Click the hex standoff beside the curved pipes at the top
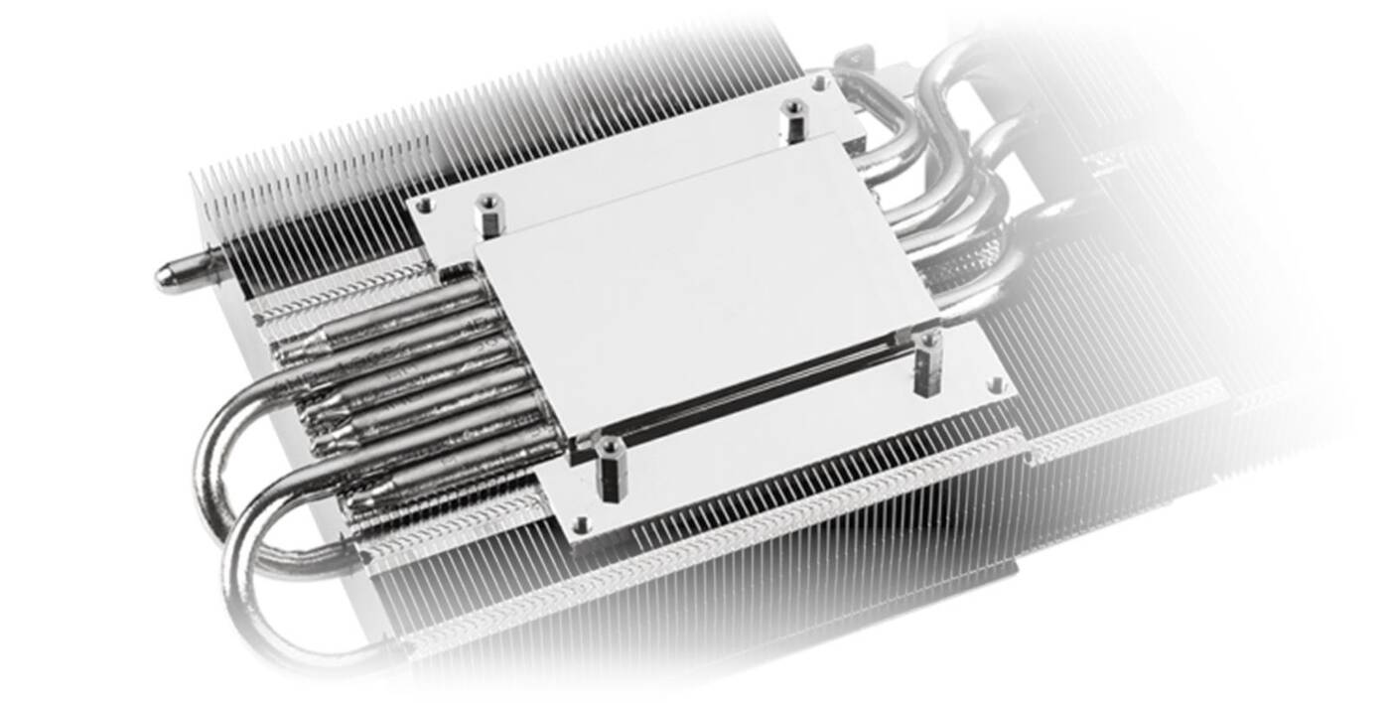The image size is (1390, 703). coord(793,120)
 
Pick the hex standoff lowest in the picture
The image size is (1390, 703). coord(610,467)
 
